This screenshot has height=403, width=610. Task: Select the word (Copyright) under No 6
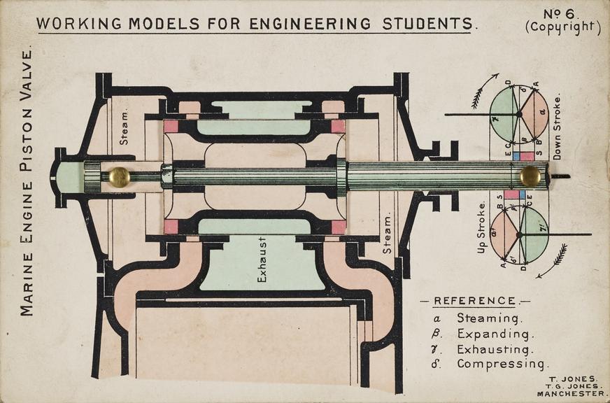click(x=562, y=28)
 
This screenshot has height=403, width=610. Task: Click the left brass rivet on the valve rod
click(x=119, y=177)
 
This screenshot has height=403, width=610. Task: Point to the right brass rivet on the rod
click(x=530, y=176)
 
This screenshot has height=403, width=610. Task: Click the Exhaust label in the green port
click(x=262, y=269)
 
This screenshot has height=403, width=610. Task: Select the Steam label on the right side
click(x=387, y=234)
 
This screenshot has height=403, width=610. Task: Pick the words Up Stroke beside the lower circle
click(x=481, y=227)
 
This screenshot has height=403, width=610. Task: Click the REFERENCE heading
click(x=475, y=301)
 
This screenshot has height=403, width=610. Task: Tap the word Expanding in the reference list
click(x=493, y=333)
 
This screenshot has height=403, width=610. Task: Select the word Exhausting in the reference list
click(x=495, y=348)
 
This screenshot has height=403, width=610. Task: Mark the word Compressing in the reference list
click(x=502, y=364)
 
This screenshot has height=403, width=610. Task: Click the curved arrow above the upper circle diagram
click(x=483, y=90)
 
